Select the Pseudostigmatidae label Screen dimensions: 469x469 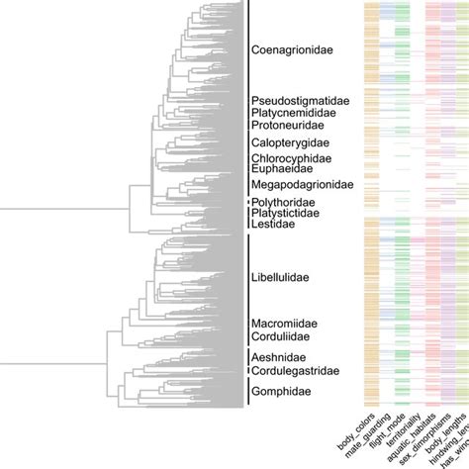pyautogui.click(x=299, y=100)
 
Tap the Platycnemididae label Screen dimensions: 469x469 pyautogui.click(x=298, y=113)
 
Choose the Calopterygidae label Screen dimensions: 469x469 pyautogui.click(x=290, y=143)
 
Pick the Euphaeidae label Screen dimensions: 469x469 pyautogui.click(x=283, y=169)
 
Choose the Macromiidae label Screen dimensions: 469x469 pyautogui.click(x=285, y=324)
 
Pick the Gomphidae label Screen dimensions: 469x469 pyautogui.click(x=281, y=392)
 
